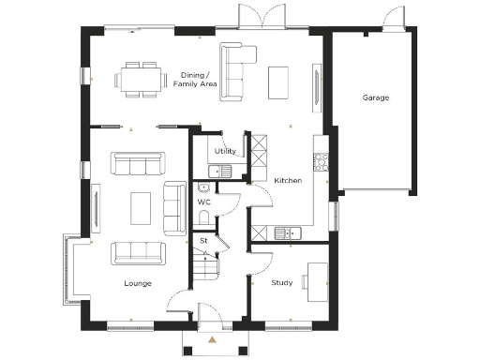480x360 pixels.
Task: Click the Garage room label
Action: pos(376,97)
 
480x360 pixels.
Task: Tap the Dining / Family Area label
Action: pos(195,80)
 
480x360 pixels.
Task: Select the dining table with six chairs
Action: pos(140,80)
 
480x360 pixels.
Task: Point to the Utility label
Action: pos(225,151)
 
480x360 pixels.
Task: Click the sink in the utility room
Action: pos(221,170)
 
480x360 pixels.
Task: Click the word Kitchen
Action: pos(287,180)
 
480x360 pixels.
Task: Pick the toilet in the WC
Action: pos(204,217)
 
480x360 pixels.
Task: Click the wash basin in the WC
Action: pos(202,187)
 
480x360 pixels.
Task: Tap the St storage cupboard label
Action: pos(203,241)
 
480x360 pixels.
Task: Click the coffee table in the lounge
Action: pos(140,207)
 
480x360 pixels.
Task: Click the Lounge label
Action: pos(138,283)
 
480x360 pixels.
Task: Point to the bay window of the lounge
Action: pos(67,270)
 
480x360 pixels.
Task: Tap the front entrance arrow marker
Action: pos(213,338)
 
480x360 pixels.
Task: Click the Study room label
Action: pos(282,282)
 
